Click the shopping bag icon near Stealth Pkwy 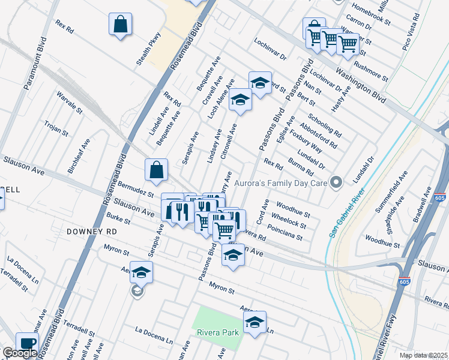tap(121, 25)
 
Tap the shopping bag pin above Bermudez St tap(156, 170)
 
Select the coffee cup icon tap(26, 343)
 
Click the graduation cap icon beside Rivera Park tap(255, 322)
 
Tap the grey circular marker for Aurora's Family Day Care tap(337, 181)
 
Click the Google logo tap(20, 353)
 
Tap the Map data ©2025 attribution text tap(423, 355)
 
